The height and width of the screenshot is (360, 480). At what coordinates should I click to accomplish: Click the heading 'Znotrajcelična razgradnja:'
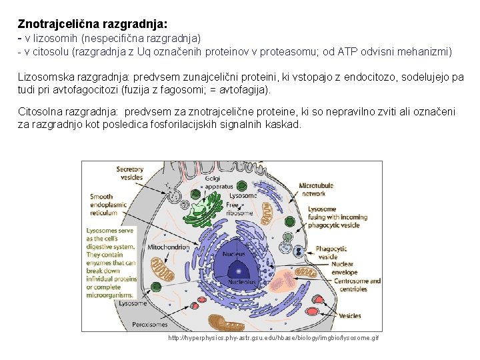click(x=93, y=23)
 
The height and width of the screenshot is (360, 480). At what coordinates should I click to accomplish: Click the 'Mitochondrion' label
click(x=168, y=247)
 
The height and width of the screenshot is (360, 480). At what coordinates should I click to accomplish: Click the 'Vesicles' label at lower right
click(x=350, y=315)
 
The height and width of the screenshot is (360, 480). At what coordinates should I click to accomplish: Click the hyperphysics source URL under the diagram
click(x=273, y=339)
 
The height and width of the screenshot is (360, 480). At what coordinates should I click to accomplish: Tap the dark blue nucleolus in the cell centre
click(x=237, y=269)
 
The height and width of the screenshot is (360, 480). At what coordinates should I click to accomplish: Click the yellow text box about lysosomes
click(x=111, y=259)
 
